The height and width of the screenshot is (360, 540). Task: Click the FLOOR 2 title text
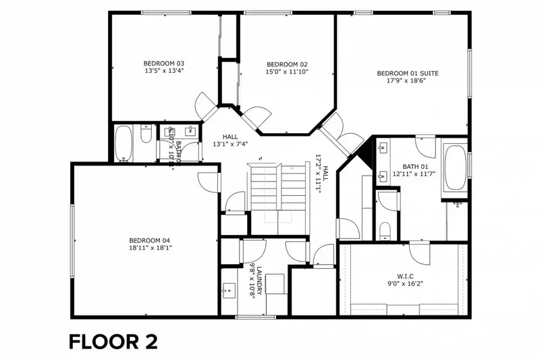point(113,341)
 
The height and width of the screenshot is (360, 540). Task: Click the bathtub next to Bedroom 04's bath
point(124,143)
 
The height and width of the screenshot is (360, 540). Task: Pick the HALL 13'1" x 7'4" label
point(230,139)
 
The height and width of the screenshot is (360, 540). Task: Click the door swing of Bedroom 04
point(209,180)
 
